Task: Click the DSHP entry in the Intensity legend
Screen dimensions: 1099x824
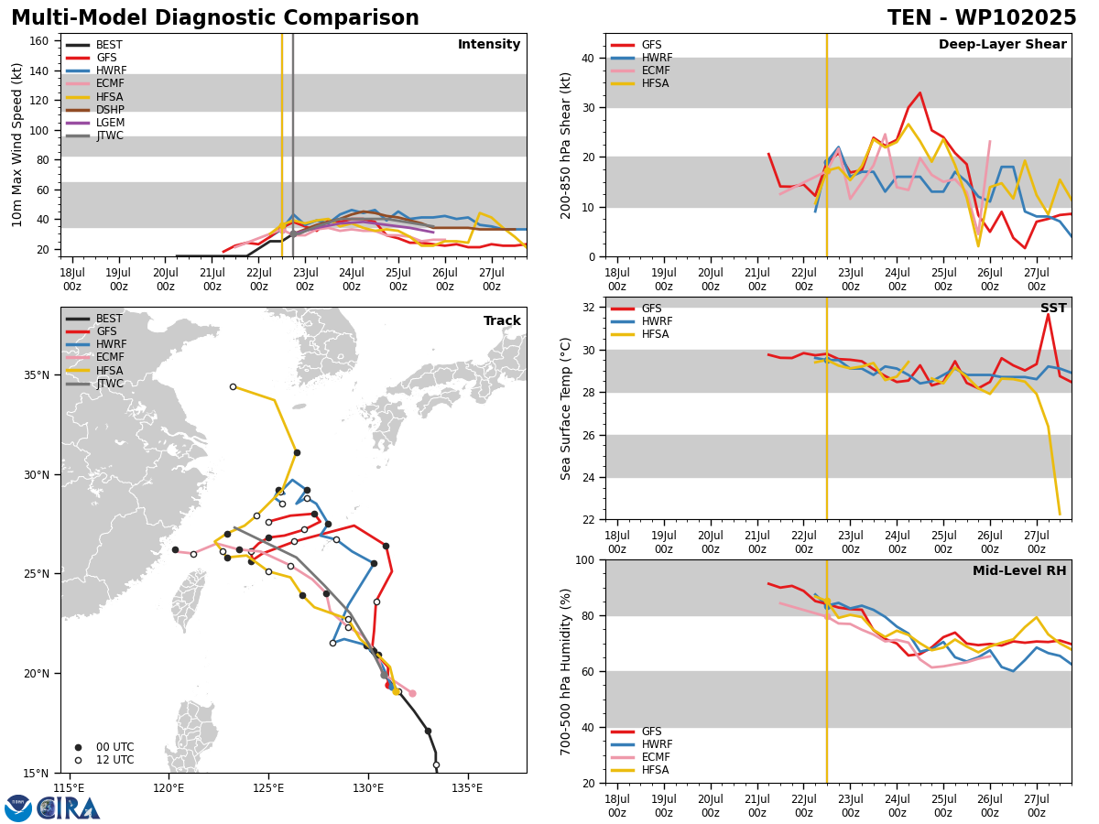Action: tap(94, 110)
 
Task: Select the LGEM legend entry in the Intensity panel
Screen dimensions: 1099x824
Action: tap(94, 123)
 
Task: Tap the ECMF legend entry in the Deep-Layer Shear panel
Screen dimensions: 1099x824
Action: tap(640, 70)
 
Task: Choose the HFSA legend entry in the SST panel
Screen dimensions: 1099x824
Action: tap(640, 334)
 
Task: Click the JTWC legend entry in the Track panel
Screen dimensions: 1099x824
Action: tap(94, 384)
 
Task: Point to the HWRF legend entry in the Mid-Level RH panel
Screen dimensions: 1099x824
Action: tap(641, 744)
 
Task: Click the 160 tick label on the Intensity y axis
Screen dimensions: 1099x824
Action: tap(38, 41)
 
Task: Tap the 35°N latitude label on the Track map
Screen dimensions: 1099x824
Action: tap(37, 375)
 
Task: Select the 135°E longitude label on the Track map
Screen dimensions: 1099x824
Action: tap(468, 788)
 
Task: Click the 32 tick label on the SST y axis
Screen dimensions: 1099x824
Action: tap(588, 308)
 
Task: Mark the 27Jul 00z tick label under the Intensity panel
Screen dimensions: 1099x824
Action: tap(491, 279)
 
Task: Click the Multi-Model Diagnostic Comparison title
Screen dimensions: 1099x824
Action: tap(215, 17)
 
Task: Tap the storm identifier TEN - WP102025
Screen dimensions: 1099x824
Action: tap(982, 17)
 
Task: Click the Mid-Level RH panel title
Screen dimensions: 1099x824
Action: tap(1019, 570)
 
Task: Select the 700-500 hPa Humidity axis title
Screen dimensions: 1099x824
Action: tap(565, 672)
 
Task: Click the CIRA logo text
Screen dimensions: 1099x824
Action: tap(68, 808)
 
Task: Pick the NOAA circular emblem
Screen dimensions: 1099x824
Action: tap(18, 808)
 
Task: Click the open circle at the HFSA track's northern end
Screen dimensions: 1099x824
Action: tap(233, 387)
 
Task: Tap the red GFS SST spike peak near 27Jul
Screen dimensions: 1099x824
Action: tap(1048, 315)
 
